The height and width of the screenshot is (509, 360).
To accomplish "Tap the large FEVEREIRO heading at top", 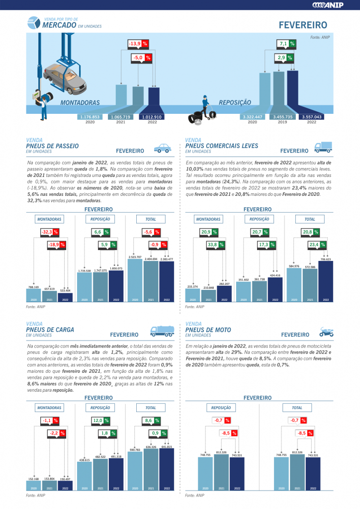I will tap(303, 25).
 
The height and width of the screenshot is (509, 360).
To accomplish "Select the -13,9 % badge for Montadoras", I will tap(138, 44).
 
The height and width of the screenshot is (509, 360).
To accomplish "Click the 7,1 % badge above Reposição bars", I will tap(286, 44).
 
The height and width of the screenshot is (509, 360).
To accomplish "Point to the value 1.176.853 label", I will tap(90, 117).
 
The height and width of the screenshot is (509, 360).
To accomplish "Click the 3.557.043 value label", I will tap(311, 117).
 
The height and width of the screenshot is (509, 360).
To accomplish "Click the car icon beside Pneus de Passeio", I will tap(162, 148).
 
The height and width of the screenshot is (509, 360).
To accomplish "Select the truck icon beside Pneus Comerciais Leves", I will tap(323, 147).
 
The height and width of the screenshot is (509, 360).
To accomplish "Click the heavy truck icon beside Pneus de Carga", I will tap(162, 332).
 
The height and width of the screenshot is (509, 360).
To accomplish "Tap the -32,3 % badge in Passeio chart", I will tap(49, 232).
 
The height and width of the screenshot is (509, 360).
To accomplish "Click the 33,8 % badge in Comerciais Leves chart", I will tap(215, 245).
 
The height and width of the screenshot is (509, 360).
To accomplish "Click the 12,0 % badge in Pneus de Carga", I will tap(100, 421).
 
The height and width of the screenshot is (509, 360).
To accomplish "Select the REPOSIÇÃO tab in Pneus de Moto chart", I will tap(221, 408).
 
